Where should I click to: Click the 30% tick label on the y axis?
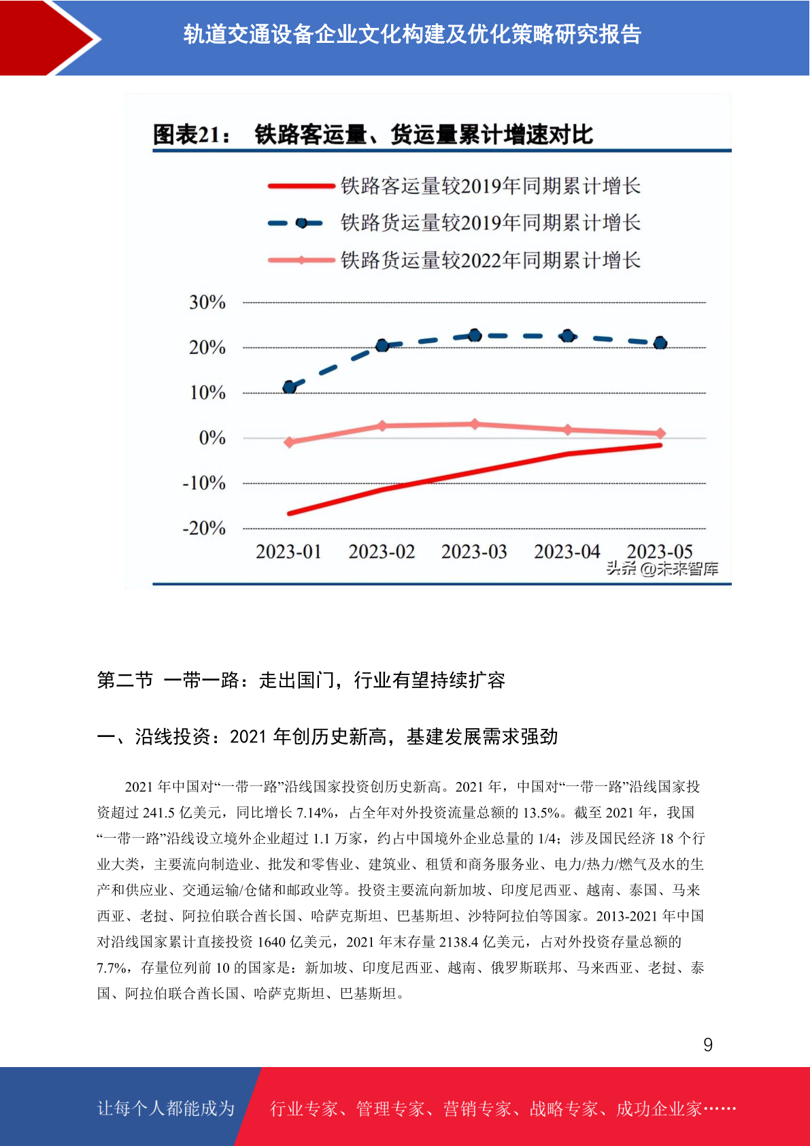coord(207,302)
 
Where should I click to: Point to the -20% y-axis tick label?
coord(204,528)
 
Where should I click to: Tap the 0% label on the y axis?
coord(212,438)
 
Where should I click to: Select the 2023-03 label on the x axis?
coord(474,551)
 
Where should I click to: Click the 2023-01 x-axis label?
coord(288,551)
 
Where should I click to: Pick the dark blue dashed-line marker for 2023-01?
coord(290,387)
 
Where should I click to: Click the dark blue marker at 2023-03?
coord(475,335)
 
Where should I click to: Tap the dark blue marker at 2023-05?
coord(660,343)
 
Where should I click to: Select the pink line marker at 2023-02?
coord(382,425)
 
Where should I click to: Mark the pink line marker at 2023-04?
coord(568,430)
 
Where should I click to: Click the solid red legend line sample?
coord(301,186)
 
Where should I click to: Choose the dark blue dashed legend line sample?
coord(296,223)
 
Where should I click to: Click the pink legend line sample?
coord(301,261)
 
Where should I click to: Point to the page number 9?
coord(708,1044)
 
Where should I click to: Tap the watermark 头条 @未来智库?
coord(662,568)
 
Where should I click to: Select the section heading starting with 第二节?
coord(301,680)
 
